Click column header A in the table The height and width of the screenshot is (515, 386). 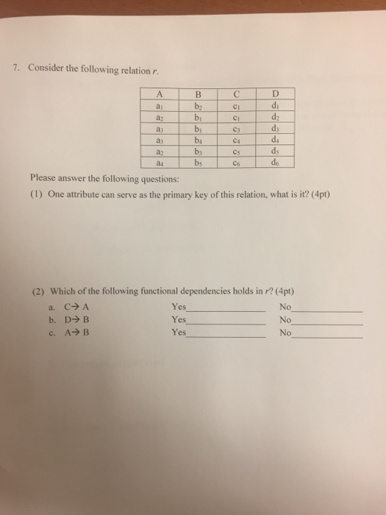click(x=160, y=93)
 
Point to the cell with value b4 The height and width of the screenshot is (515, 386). click(x=197, y=140)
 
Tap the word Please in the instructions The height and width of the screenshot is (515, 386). click(x=44, y=177)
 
